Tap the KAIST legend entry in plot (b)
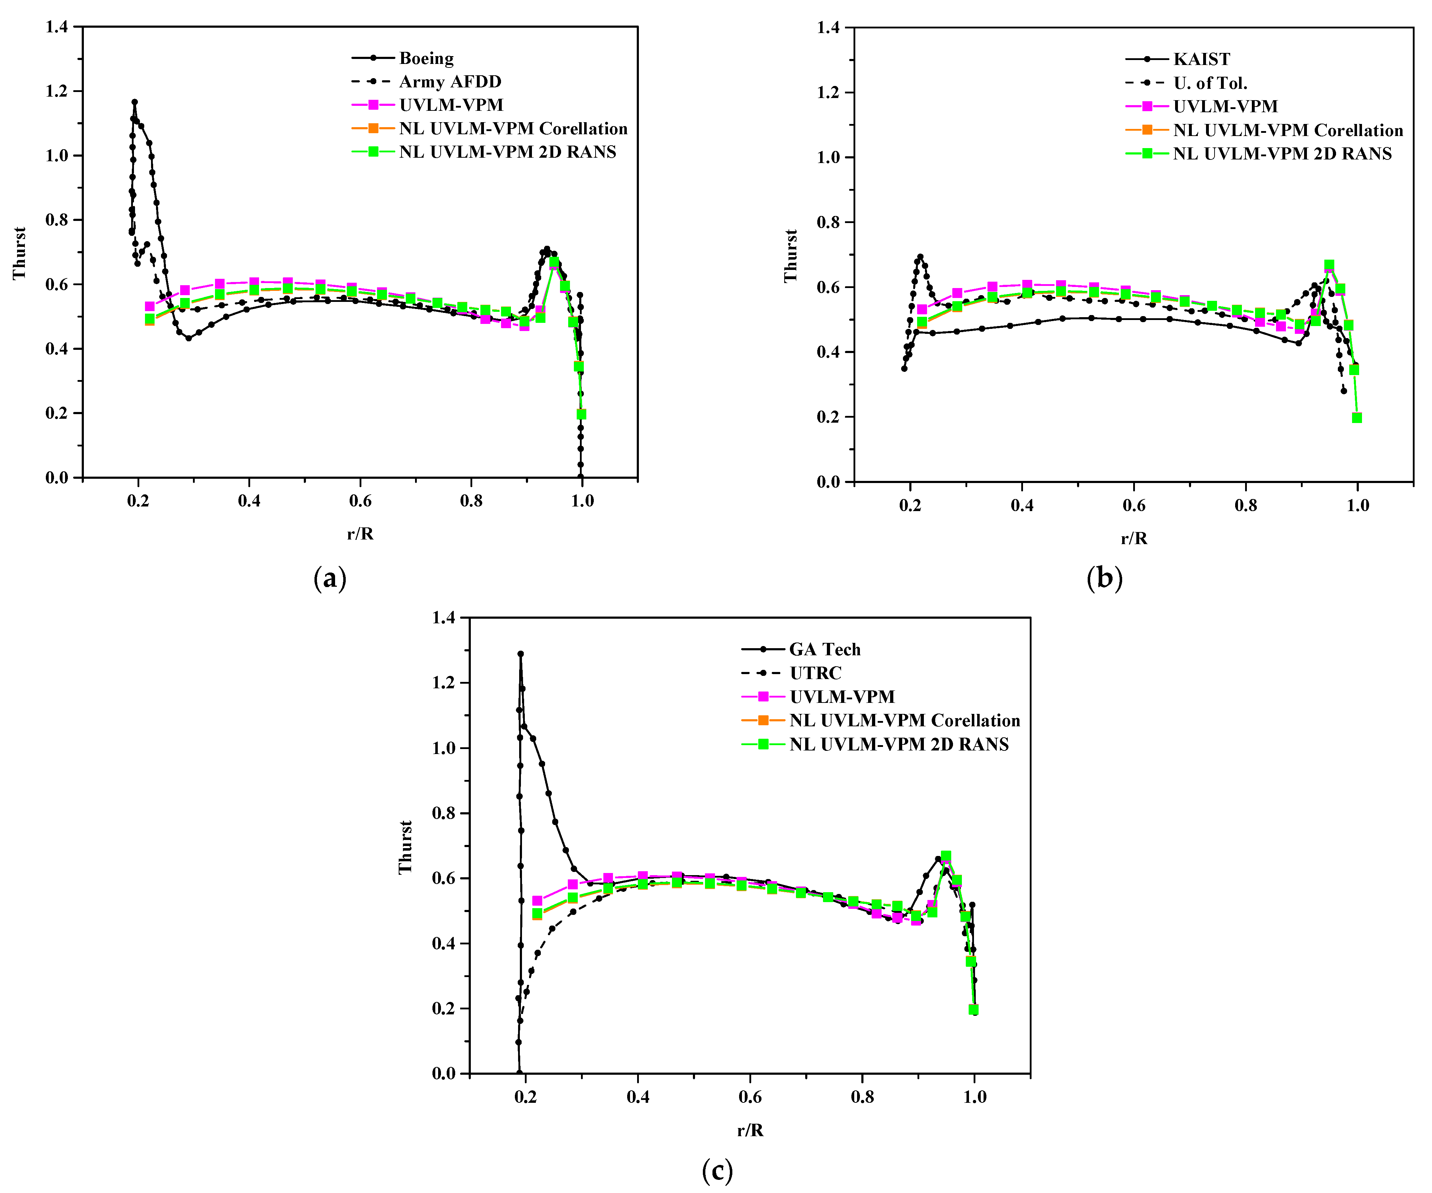pyautogui.click(x=1201, y=59)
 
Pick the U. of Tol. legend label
pyautogui.click(x=1210, y=83)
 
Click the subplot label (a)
pyautogui.click(x=330, y=579)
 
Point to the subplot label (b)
pyautogui.click(x=1104, y=579)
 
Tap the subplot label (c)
pyautogui.click(x=717, y=1171)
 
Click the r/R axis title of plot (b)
pyautogui.click(x=1133, y=538)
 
